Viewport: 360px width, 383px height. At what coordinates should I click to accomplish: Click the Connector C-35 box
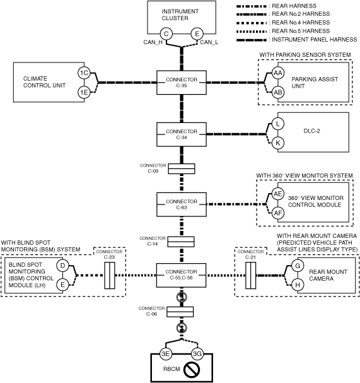tap(182, 83)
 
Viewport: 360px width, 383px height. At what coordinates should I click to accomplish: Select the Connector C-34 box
tap(182, 134)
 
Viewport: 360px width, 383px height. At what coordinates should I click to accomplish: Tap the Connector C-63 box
tap(182, 204)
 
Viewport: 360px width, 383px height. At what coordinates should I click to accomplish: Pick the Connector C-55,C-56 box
tap(181, 275)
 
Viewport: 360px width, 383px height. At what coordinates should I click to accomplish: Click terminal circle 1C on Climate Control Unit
tap(84, 73)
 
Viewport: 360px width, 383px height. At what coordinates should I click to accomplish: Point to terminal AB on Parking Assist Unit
tap(278, 92)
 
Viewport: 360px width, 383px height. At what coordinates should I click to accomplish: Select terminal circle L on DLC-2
tap(278, 124)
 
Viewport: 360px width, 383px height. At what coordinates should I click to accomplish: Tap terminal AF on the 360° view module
tap(278, 213)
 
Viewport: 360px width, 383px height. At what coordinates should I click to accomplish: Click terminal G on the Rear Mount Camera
tap(298, 266)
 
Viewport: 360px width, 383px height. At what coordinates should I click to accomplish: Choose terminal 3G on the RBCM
tap(197, 354)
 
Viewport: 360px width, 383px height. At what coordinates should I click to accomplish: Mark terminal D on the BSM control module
tap(62, 266)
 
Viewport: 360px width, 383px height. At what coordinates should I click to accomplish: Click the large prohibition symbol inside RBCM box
tap(192, 369)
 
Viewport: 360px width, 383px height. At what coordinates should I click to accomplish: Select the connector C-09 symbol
tap(182, 168)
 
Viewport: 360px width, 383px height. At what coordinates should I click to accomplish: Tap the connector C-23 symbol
tap(110, 276)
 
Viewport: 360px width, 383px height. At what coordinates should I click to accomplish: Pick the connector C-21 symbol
tap(251, 276)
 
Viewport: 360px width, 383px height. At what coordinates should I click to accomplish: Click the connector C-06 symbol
tap(180, 312)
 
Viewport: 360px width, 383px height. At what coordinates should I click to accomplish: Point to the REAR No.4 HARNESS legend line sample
tap(252, 23)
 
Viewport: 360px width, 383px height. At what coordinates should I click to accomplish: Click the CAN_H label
tap(153, 42)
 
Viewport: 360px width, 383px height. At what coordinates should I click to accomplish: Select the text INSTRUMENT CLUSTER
tap(180, 15)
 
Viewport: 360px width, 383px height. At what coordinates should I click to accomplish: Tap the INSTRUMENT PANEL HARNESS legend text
tap(315, 39)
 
